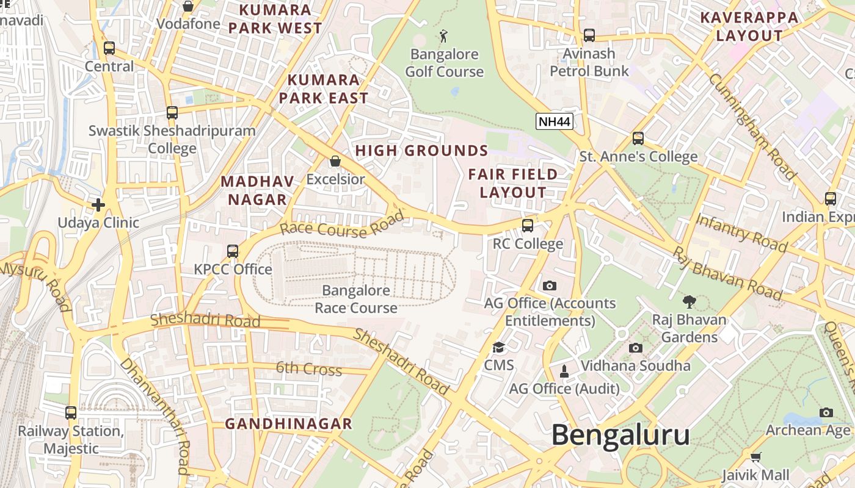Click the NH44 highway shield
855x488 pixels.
555,121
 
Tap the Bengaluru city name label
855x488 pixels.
620,436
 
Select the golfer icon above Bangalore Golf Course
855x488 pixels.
443,36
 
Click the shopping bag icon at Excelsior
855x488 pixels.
335,161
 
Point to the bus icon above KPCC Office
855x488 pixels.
233,251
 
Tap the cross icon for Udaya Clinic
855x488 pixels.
98,204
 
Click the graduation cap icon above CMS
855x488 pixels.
499,348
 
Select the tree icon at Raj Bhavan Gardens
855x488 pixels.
689,301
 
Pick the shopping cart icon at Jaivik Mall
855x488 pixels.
756,457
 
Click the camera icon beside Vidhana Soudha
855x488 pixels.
636,348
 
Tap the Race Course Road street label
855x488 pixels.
342,224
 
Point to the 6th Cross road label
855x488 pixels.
308,369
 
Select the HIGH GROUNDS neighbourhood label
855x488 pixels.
421,151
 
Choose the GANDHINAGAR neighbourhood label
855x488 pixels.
288,423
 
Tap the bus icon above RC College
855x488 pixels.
528,225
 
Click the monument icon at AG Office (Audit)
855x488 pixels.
564,370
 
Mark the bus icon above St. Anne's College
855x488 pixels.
638,138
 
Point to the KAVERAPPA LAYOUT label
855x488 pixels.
749,26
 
